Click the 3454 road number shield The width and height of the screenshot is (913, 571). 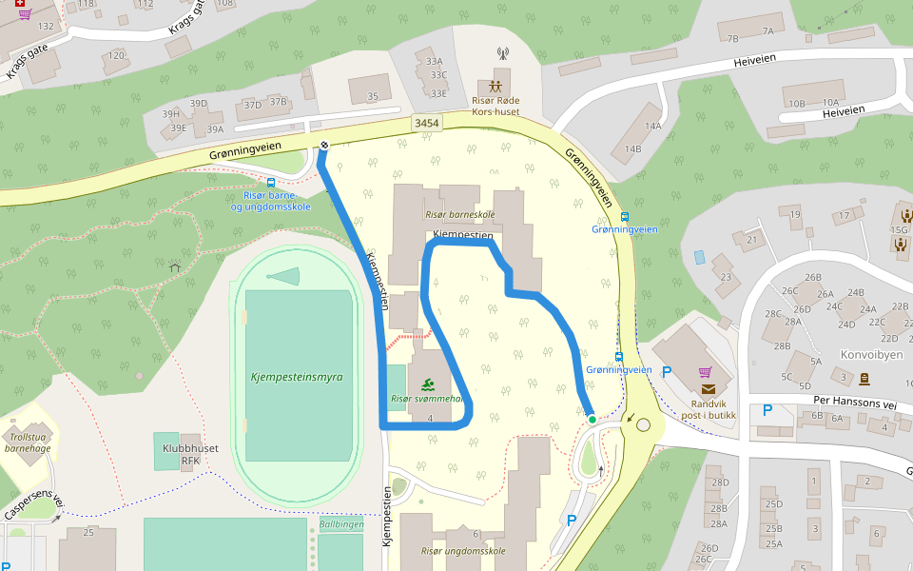(427, 124)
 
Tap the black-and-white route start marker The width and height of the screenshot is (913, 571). (324, 146)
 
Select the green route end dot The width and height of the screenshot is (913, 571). (592, 419)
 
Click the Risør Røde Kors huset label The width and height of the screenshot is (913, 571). (495, 106)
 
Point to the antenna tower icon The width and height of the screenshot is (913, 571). (503, 54)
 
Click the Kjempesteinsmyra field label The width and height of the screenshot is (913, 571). (296, 377)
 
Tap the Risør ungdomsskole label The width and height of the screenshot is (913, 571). (463, 550)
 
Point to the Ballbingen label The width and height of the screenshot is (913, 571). (340, 524)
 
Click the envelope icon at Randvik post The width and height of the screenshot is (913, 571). (708, 388)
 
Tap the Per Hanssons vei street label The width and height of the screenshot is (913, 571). (855, 404)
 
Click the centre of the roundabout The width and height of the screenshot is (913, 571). (645, 425)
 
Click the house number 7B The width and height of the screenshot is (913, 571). (731, 39)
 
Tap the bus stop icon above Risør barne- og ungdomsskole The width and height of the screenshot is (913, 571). (271, 182)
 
